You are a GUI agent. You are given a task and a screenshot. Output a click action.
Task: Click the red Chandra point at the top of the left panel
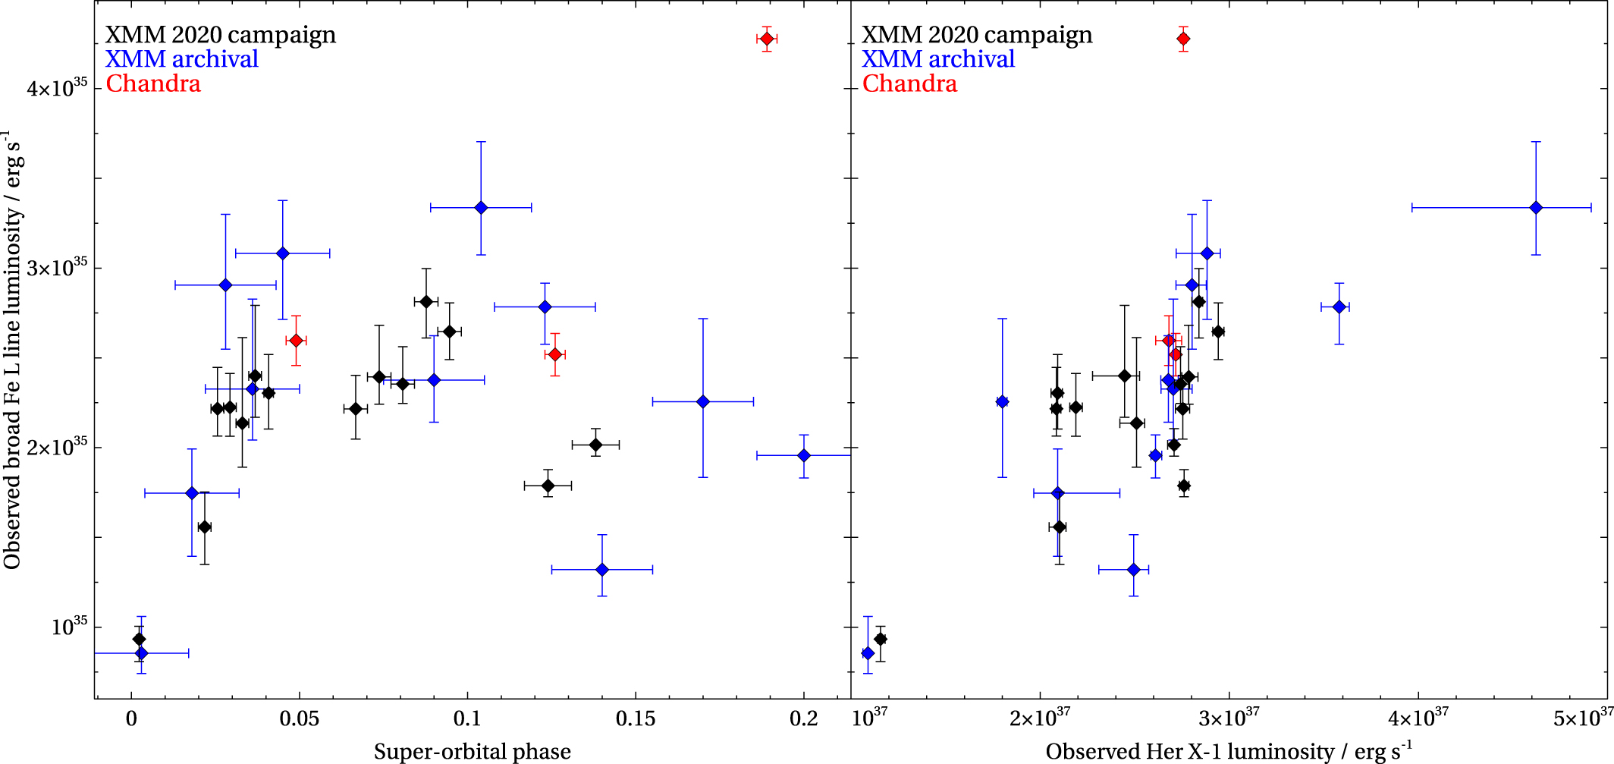pos(767,39)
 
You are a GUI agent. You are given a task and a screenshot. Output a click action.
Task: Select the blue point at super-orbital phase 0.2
pos(804,455)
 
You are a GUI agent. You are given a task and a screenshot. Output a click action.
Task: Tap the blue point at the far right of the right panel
pos(1536,207)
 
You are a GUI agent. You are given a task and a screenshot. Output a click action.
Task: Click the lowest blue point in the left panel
pos(141,653)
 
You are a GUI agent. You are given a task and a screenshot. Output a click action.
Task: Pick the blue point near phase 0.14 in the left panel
pos(602,569)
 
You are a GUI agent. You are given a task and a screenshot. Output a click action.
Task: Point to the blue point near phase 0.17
pos(703,401)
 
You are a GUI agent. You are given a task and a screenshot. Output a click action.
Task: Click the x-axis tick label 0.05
pos(300,718)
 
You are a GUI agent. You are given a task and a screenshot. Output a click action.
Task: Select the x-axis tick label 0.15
pos(636,718)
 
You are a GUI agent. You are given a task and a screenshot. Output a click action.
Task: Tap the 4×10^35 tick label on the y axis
pos(58,89)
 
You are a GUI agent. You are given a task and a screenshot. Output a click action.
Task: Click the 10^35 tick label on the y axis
pos(69,627)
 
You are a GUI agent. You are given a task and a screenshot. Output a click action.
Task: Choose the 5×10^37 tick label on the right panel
pos(1584,718)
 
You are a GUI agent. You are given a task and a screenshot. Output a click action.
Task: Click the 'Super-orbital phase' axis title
pos(472,751)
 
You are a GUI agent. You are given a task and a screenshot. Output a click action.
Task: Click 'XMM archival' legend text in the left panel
pos(182,59)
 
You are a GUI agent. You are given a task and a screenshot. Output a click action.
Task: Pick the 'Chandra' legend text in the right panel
pos(909,83)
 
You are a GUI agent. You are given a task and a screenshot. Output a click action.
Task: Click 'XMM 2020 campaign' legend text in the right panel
pos(977,35)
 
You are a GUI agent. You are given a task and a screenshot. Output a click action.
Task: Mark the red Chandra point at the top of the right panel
pos(1183,39)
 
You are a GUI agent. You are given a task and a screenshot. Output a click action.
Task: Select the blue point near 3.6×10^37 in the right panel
pos(1339,307)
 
